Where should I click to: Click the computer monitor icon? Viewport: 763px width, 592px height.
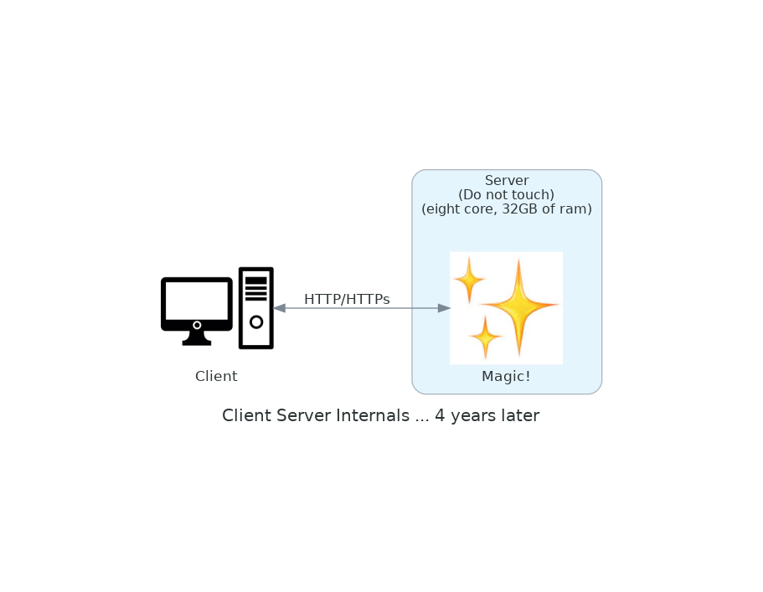point(197,302)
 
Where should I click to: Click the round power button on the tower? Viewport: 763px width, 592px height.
point(256,322)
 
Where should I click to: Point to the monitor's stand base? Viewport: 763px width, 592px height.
point(197,341)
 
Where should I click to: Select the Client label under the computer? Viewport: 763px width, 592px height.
point(216,377)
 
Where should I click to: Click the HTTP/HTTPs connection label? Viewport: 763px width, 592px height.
point(347,299)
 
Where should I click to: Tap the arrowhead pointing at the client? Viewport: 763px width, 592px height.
point(279,308)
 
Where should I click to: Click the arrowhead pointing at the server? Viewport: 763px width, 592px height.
point(444,308)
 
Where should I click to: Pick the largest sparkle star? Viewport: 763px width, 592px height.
point(519,306)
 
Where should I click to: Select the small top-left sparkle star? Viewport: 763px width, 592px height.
point(469,279)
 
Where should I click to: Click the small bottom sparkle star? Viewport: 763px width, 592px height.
point(485,337)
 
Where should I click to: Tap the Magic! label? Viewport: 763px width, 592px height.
point(506,377)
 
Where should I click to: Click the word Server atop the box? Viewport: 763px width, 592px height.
point(507,181)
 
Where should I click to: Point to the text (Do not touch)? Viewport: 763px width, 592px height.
point(507,195)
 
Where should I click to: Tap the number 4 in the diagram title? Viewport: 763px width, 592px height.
point(440,416)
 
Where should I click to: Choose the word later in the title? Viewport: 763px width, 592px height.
point(518,416)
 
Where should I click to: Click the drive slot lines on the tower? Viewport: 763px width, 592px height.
point(256,288)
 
